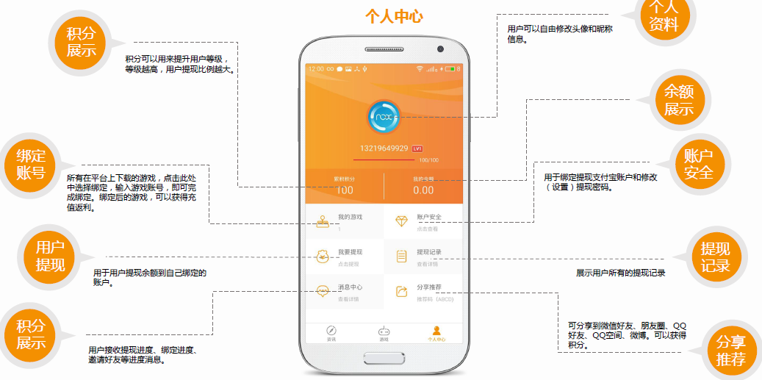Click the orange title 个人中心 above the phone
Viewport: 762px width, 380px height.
point(394,17)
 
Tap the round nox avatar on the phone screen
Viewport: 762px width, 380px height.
point(383,117)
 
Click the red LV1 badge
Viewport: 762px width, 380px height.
point(417,148)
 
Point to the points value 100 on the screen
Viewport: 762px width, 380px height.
point(344,190)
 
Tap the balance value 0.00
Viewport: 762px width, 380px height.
point(423,190)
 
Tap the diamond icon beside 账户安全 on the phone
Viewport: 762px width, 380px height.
point(401,221)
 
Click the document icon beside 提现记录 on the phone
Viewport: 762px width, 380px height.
point(401,257)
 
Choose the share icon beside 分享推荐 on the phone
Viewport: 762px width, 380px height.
point(401,292)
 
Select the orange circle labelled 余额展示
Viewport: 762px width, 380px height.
point(680,100)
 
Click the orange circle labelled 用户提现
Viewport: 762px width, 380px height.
point(50,256)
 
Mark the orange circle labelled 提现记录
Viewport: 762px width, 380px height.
point(715,257)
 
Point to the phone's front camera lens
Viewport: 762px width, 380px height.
point(440,49)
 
